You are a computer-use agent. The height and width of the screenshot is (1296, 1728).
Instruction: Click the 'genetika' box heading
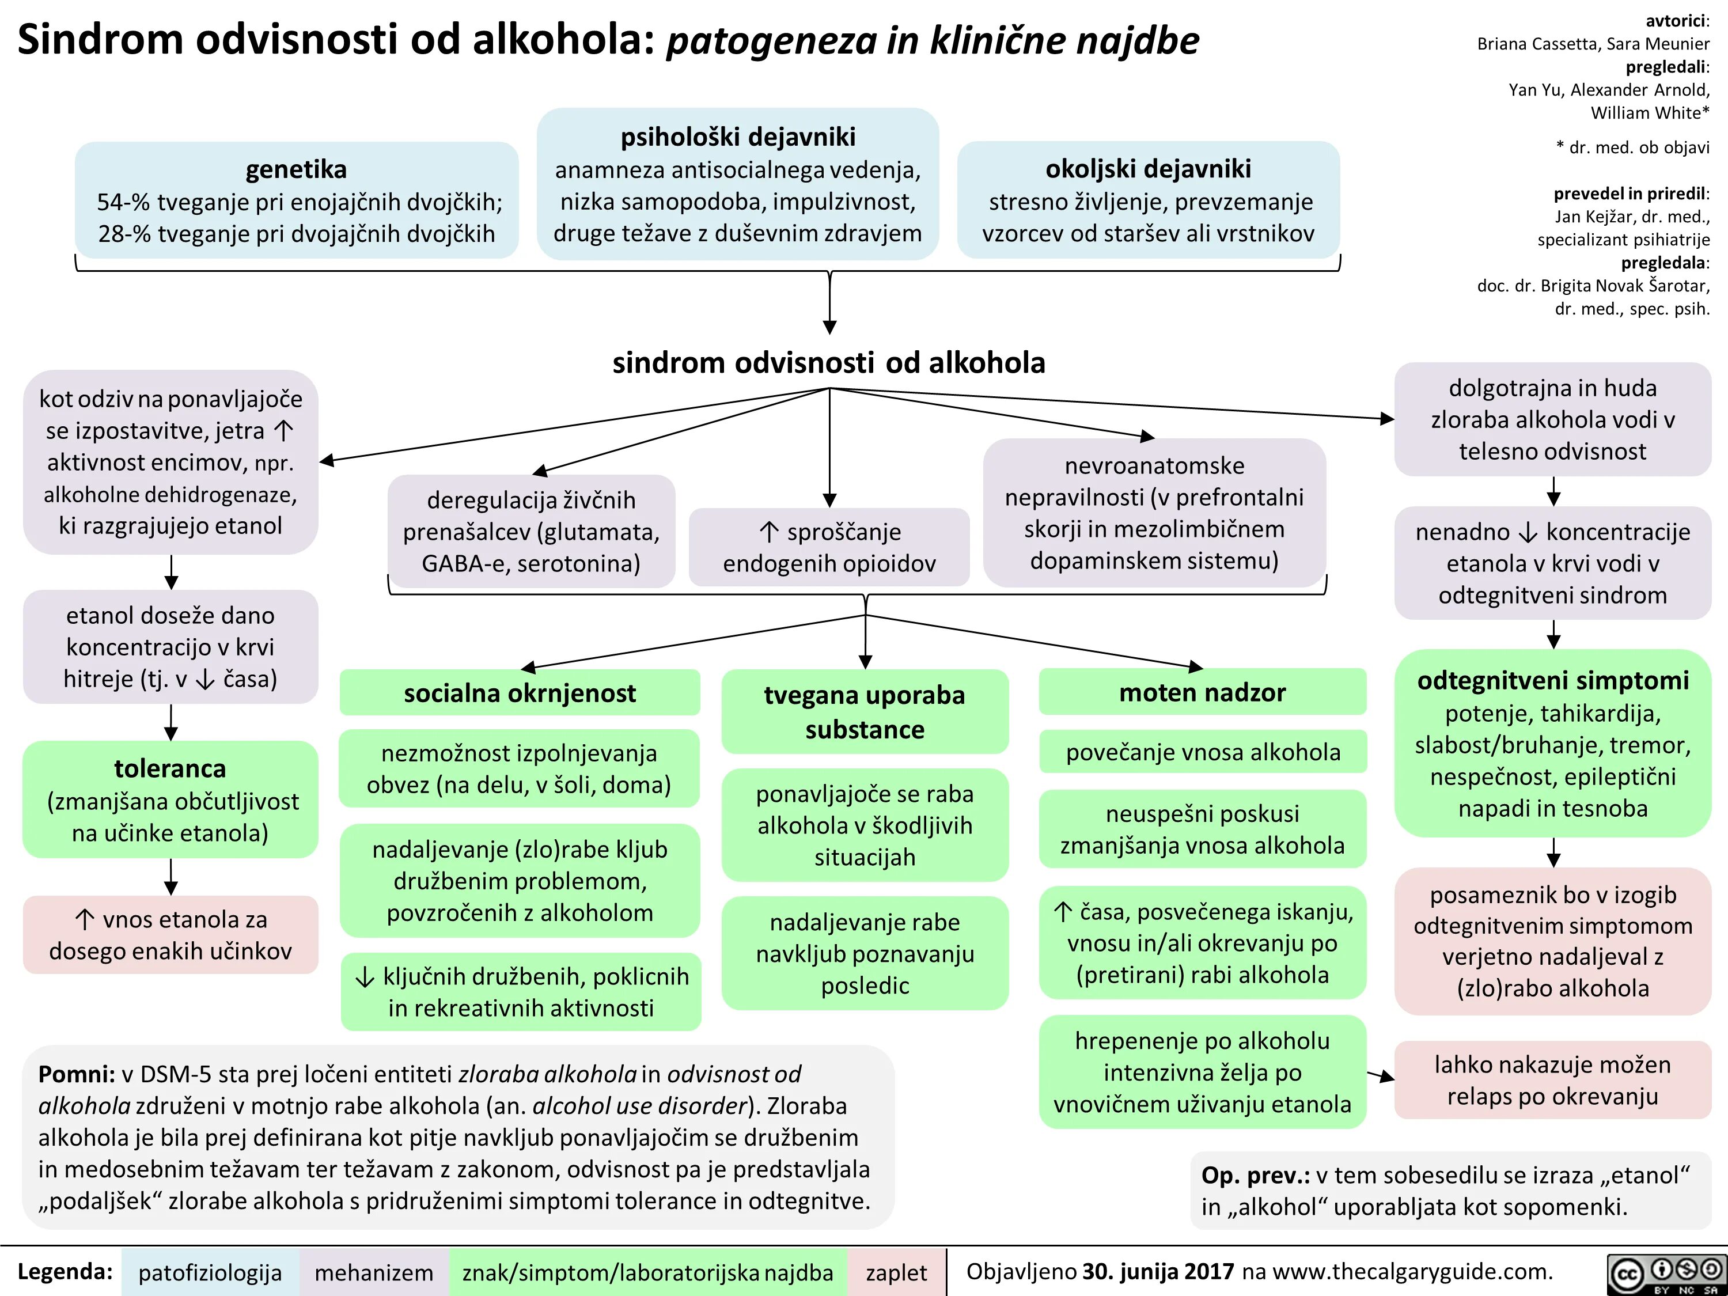point(296,169)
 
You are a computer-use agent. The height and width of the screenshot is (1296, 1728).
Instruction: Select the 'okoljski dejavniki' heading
point(1147,169)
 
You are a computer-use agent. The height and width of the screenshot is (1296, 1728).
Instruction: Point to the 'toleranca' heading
point(170,769)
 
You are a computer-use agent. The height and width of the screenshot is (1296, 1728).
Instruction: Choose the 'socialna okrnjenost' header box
point(520,693)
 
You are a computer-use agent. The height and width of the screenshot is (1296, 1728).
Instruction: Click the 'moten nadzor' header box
point(1202,692)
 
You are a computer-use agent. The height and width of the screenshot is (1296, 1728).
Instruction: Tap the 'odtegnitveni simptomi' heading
point(1552,680)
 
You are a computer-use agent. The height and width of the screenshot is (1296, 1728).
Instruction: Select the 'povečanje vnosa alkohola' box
point(1202,752)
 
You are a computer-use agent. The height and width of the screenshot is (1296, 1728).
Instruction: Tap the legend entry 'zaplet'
point(896,1272)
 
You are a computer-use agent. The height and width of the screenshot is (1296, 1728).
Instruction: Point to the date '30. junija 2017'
point(1158,1272)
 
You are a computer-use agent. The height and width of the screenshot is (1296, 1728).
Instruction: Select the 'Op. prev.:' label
point(1255,1175)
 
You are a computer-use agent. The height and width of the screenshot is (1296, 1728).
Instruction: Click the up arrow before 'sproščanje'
point(769,533)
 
